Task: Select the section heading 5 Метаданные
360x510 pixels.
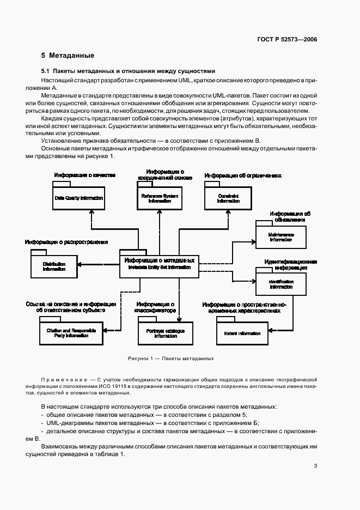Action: point(68,56)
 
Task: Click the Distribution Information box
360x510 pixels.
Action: point(54,266)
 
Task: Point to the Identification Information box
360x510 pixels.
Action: point(280,283)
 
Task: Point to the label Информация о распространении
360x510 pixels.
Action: point(66,241)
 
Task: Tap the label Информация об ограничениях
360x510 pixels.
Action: point(243,175)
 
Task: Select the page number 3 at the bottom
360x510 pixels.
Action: point(315,466)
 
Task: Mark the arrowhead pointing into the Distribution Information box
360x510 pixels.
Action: point(80,265)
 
